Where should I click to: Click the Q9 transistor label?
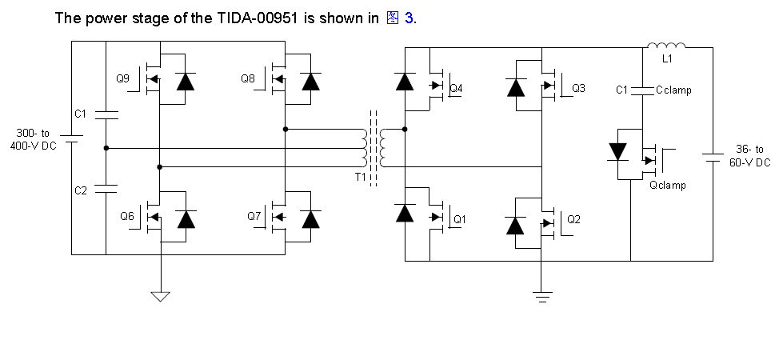[x=122, y=78]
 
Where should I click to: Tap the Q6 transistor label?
[x=126, y=216]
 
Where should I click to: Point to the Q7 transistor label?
[x=254, y=216]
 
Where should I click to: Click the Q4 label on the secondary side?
[x=457, y=88]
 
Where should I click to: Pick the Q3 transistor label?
[x=578, y=88]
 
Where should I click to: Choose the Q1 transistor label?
[x=459, y=218]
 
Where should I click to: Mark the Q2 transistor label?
[x=573, y=218]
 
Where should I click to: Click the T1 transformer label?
[x=361, y=176]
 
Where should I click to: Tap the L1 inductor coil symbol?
[x=666, y=45]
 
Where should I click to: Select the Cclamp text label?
[x=673, y=90]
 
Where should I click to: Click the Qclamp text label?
[x=667, y=186]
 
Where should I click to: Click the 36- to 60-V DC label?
[x=749, y=155]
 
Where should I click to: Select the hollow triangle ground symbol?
[x=161, y=297]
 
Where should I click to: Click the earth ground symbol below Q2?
[x=542, y=298]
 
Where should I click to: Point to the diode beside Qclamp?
[x=617, y=151]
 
